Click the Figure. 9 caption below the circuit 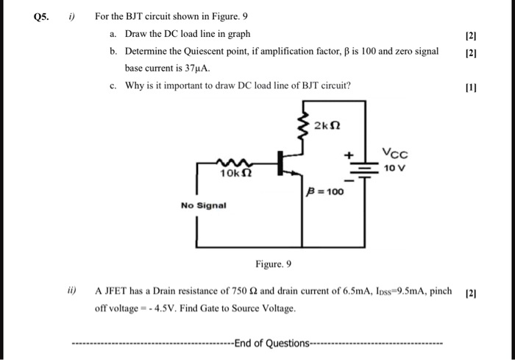pos(274,264)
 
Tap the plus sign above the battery pos(351,154)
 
